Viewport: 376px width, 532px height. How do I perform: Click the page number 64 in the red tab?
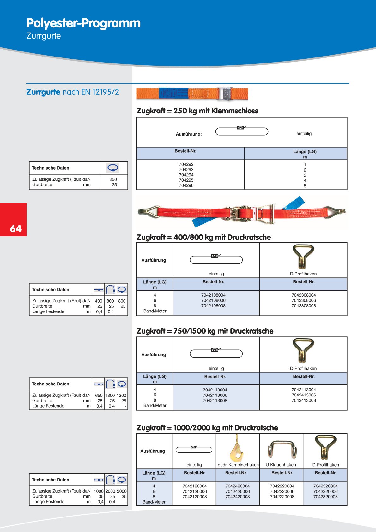[16, 228]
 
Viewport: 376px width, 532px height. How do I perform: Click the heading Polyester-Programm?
[83, 23]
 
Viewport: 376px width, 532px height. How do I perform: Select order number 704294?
[186, 175]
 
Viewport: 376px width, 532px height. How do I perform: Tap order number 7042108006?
[213, 300]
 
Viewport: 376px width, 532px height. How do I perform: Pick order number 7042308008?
[304, 306]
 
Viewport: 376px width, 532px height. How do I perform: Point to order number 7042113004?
[215, 390]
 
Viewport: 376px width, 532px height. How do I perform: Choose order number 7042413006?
[304, 395]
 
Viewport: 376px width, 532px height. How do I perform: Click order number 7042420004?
[237, 486]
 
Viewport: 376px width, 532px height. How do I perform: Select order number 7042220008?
[282, 497]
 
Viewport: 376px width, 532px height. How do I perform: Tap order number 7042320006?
[325, 491]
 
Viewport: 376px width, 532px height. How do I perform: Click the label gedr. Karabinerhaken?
[238, 465]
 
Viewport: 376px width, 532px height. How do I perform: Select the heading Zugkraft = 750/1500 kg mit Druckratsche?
[205, 331]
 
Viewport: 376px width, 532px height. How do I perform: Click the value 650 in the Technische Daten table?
[99, 395]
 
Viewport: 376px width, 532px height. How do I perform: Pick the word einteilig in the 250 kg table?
[304, 133]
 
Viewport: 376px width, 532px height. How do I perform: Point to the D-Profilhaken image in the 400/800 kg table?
[303, 257]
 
